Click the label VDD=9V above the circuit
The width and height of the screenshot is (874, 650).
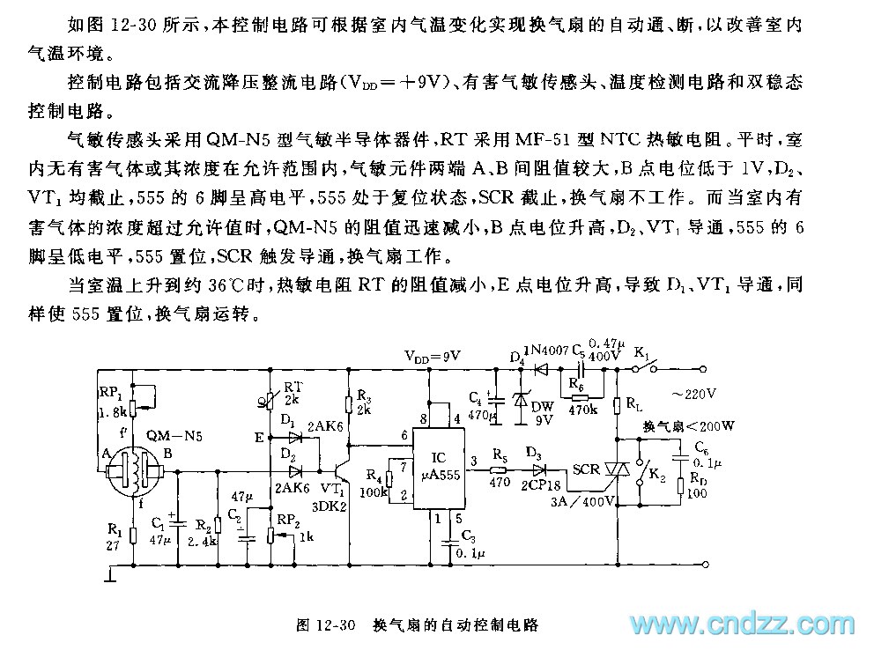[x=433, y=356]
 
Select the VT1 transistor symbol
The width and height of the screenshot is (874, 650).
[x=343, y=467]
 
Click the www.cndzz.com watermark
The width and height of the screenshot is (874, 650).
[x=742, y=624]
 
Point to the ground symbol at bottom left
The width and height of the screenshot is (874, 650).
[x=108, y=576]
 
